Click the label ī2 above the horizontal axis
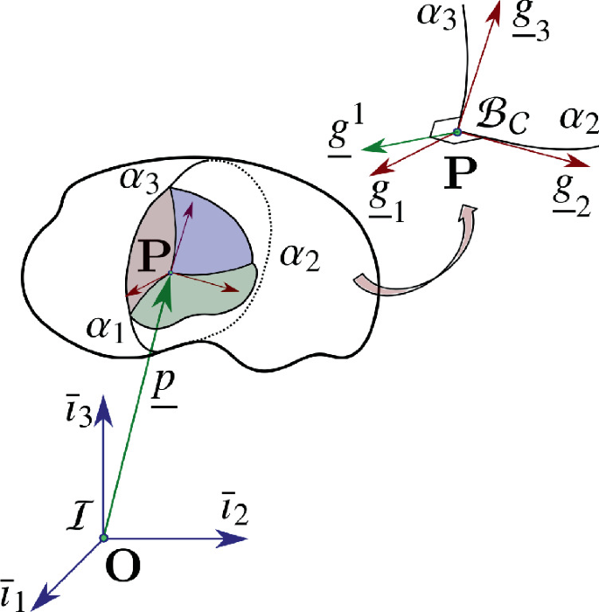[233, 510]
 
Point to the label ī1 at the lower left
[15, 594]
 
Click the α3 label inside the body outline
[140, 182]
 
